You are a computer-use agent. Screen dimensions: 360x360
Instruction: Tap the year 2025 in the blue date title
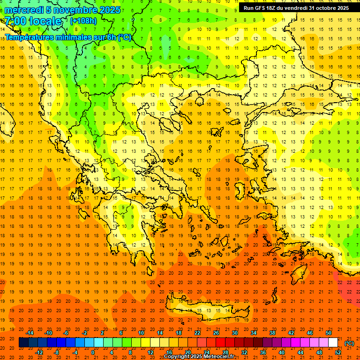[x=110, y=10]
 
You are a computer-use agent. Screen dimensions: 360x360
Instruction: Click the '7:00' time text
[x=15, y=21]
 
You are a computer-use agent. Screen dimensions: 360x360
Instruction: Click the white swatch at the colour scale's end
[x=333, y=343]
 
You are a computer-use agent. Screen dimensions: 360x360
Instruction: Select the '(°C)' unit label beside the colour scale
[x=349, y=343]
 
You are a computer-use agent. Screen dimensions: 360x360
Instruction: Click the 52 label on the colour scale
[x=338, y=352]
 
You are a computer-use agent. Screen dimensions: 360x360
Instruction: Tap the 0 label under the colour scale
[x=93, y=352]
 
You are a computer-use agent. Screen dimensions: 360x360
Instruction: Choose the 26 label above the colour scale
[x=216, y=333]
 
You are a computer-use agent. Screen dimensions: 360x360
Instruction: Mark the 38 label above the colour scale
[x=272, y=333]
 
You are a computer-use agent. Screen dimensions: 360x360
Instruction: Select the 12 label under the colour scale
[x=150, y=352]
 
